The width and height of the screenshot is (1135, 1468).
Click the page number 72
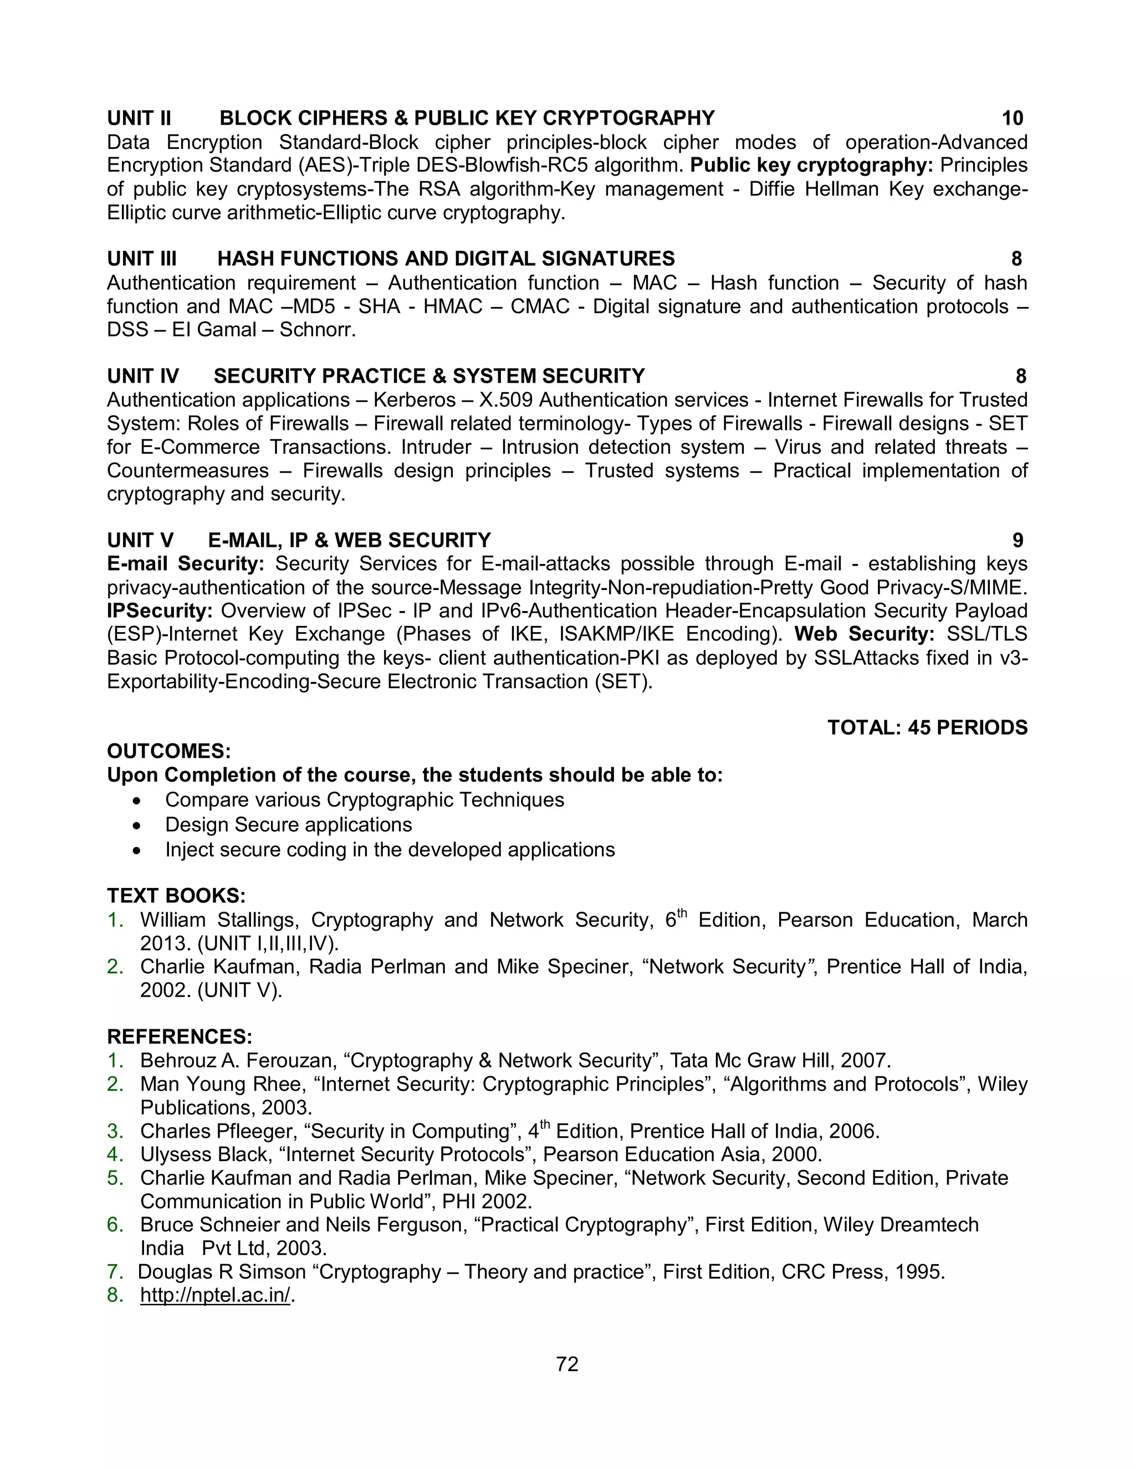567,1364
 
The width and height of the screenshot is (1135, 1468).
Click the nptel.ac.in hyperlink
215,1295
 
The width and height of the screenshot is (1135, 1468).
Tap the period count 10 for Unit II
1012,119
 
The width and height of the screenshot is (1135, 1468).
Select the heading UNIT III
142,259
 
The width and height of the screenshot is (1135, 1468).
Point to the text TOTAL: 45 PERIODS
927,727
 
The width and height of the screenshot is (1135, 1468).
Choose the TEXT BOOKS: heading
176,895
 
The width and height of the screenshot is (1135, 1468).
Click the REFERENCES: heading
180,1036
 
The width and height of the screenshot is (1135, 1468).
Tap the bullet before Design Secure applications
137,825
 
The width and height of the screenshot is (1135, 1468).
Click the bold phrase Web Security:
864,634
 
